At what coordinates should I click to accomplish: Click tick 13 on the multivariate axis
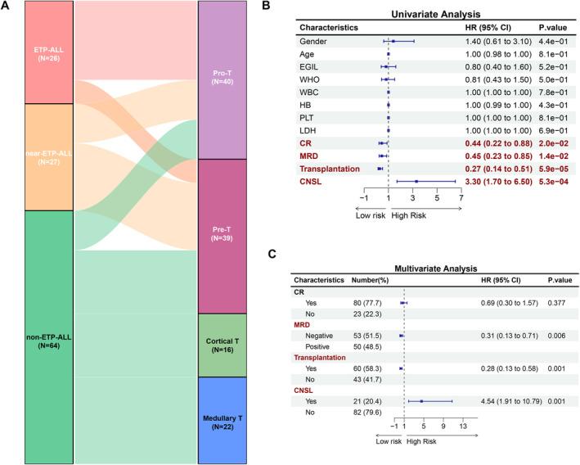point(463,426)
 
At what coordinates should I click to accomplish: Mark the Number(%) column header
point(371,280)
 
